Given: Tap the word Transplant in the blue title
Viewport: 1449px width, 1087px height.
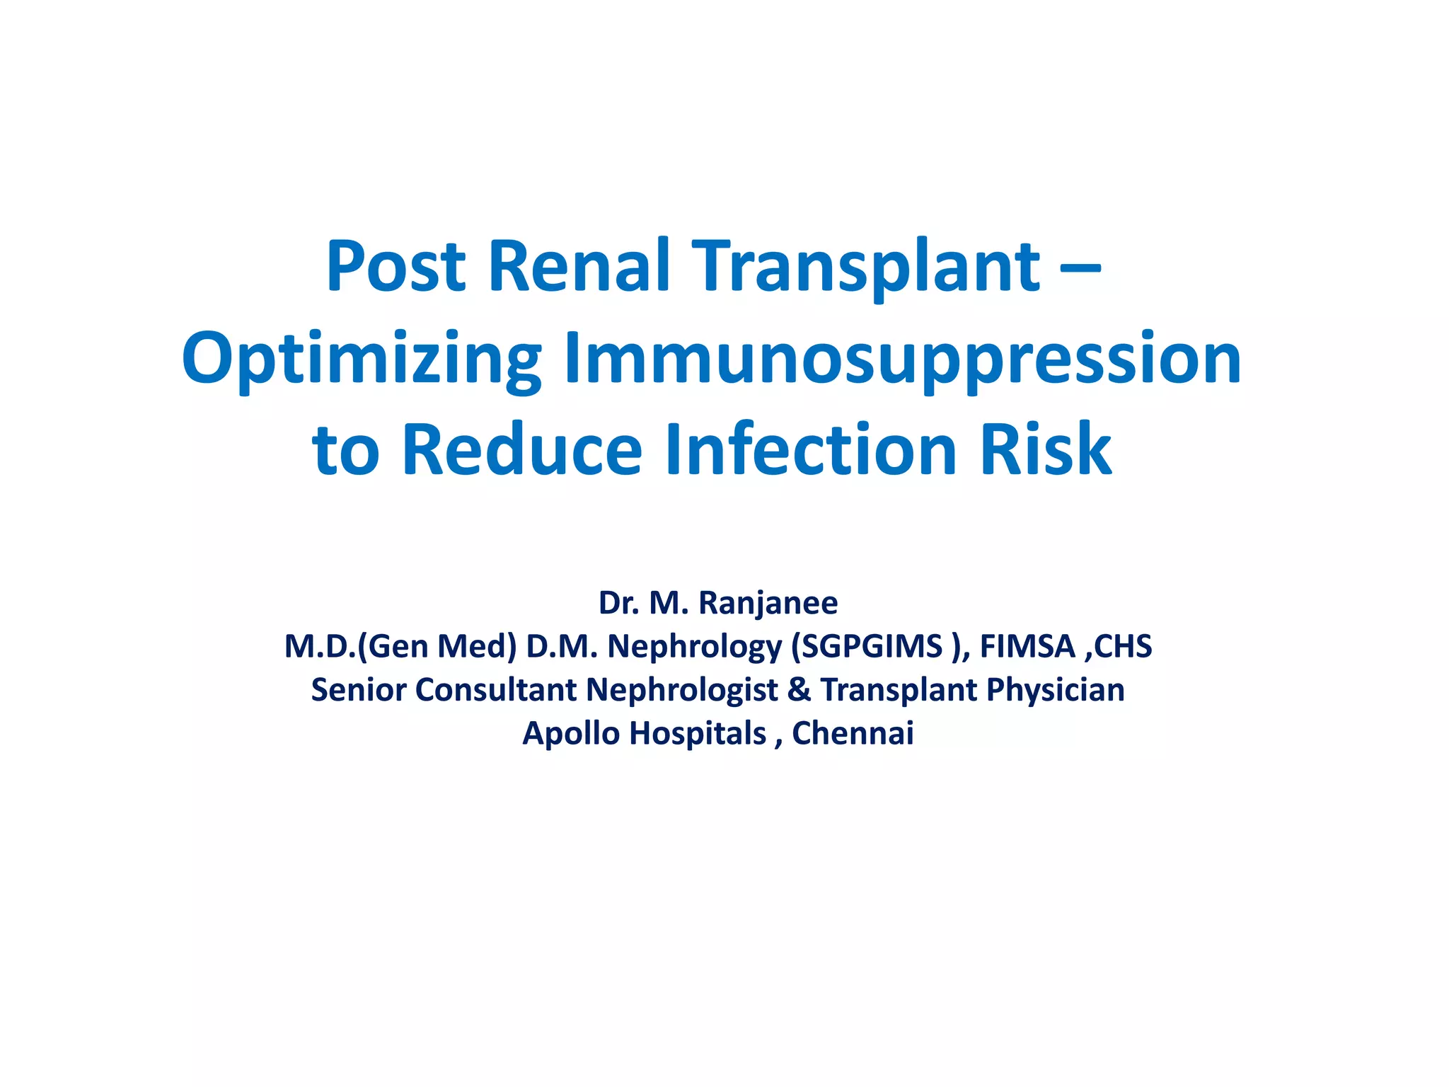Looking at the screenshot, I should click(866, 268).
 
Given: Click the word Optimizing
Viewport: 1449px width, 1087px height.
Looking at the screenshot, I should click(362, 360).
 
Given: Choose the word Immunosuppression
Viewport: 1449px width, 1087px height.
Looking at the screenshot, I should click(902, 360).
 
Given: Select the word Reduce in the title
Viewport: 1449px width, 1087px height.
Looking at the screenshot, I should click(521, 449).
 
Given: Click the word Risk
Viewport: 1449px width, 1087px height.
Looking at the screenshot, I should click(1046, 449).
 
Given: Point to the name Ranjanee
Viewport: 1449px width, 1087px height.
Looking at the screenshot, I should click(768, 604).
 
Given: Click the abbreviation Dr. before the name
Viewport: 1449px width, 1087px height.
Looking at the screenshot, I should click(618, 603).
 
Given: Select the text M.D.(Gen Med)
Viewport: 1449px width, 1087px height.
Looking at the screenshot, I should click(400, 647).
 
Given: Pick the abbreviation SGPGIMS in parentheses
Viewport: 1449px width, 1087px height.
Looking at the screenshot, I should click(872, 647).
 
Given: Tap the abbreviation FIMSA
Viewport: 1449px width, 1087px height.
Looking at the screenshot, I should click(1027, 647).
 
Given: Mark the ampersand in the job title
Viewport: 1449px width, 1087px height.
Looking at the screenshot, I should click(799, 690).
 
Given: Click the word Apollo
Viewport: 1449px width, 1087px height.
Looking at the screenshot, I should click(571, 734).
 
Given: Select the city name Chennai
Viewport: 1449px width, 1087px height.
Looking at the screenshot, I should click(853, 733).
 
